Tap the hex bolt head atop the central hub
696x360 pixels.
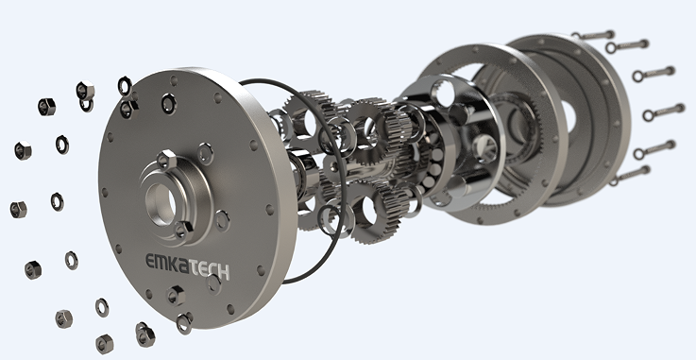tap(165, 159)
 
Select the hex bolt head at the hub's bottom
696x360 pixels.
tap(180, 229)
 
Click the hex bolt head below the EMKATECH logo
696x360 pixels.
tap(177, 295)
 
